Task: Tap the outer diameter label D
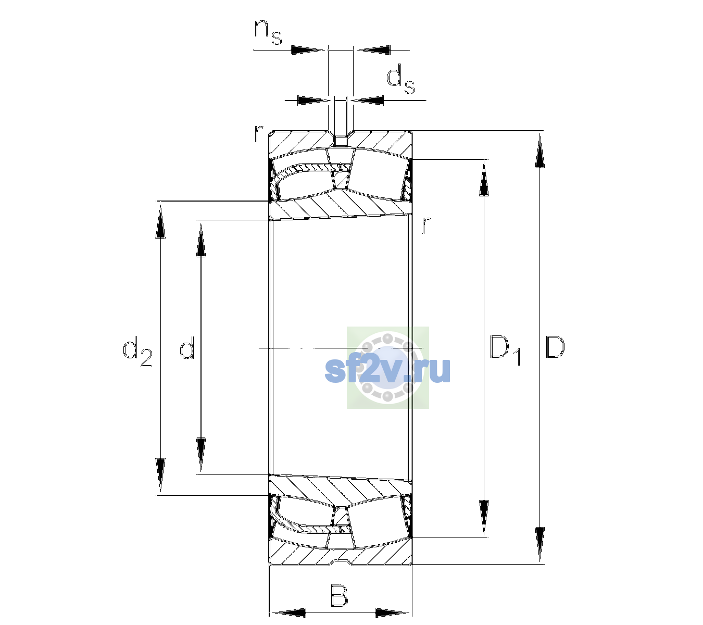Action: (555, 347)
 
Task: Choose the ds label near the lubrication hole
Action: (400, 79)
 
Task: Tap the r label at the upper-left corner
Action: (258, 134)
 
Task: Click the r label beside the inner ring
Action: (426, 224)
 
